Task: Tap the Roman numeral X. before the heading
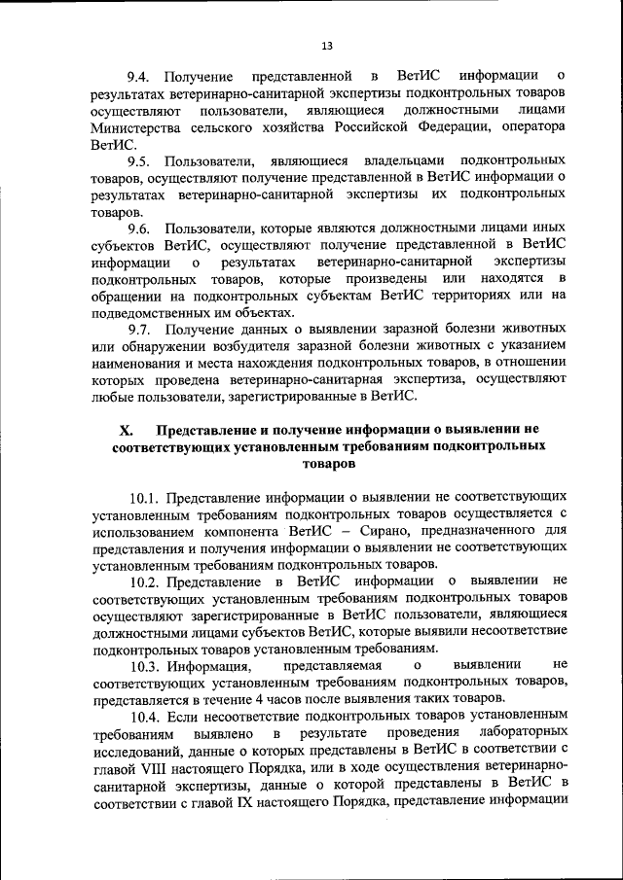(x=125, y=429)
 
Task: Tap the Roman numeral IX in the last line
(x=239, y=803)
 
